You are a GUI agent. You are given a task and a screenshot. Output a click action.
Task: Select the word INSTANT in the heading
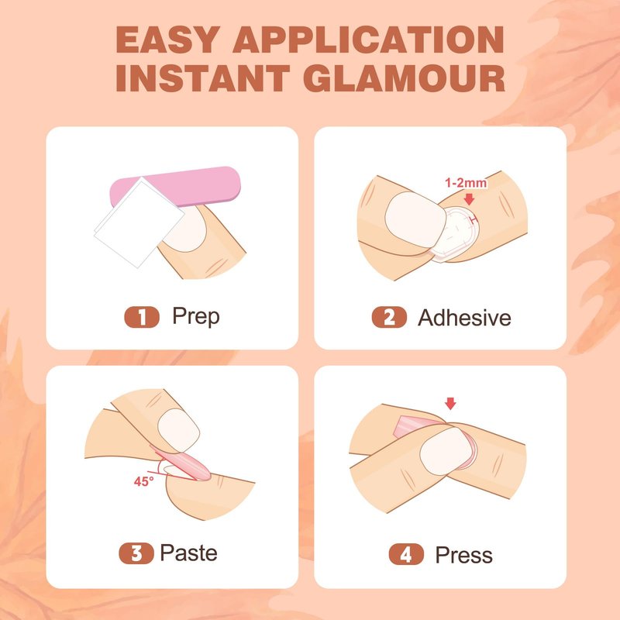(203, 78)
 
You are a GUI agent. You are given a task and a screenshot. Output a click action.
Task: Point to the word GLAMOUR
(404, 78)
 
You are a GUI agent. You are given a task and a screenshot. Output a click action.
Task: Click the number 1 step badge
(142, 317)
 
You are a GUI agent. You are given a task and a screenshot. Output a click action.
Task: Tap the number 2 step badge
(389, 317)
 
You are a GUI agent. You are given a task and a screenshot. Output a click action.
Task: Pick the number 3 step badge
(136, 553)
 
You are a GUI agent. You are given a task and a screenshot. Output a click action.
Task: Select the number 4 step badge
(406, 554)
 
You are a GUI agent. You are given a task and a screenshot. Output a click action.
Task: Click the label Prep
(196, 316)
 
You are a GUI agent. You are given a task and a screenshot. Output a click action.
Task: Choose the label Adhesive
(464, 318)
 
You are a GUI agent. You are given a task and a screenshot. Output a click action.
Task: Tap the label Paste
(188, 553)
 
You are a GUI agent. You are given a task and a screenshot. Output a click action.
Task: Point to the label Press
(463, 555)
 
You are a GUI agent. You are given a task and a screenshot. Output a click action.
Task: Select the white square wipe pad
(139, 222)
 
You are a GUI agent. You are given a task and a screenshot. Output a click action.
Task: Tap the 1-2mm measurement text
(466, 183)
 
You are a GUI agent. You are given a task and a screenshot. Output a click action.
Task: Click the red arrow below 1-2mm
(469, 199)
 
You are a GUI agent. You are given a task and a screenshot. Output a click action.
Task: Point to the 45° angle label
(143, 481)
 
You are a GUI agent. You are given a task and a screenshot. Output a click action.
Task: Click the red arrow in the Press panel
(450, 404)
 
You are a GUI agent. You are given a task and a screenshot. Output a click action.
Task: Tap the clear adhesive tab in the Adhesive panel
(456, 234)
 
